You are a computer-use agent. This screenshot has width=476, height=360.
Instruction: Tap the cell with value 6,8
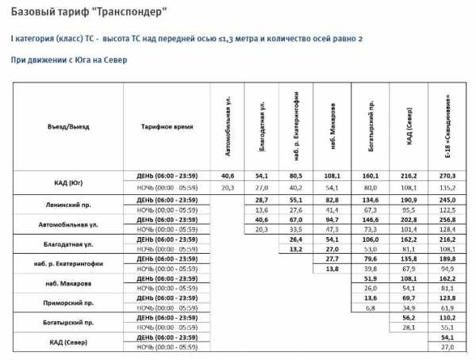click(x=370, y=306)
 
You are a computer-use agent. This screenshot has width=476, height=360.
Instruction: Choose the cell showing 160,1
click(x=370, y=175)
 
